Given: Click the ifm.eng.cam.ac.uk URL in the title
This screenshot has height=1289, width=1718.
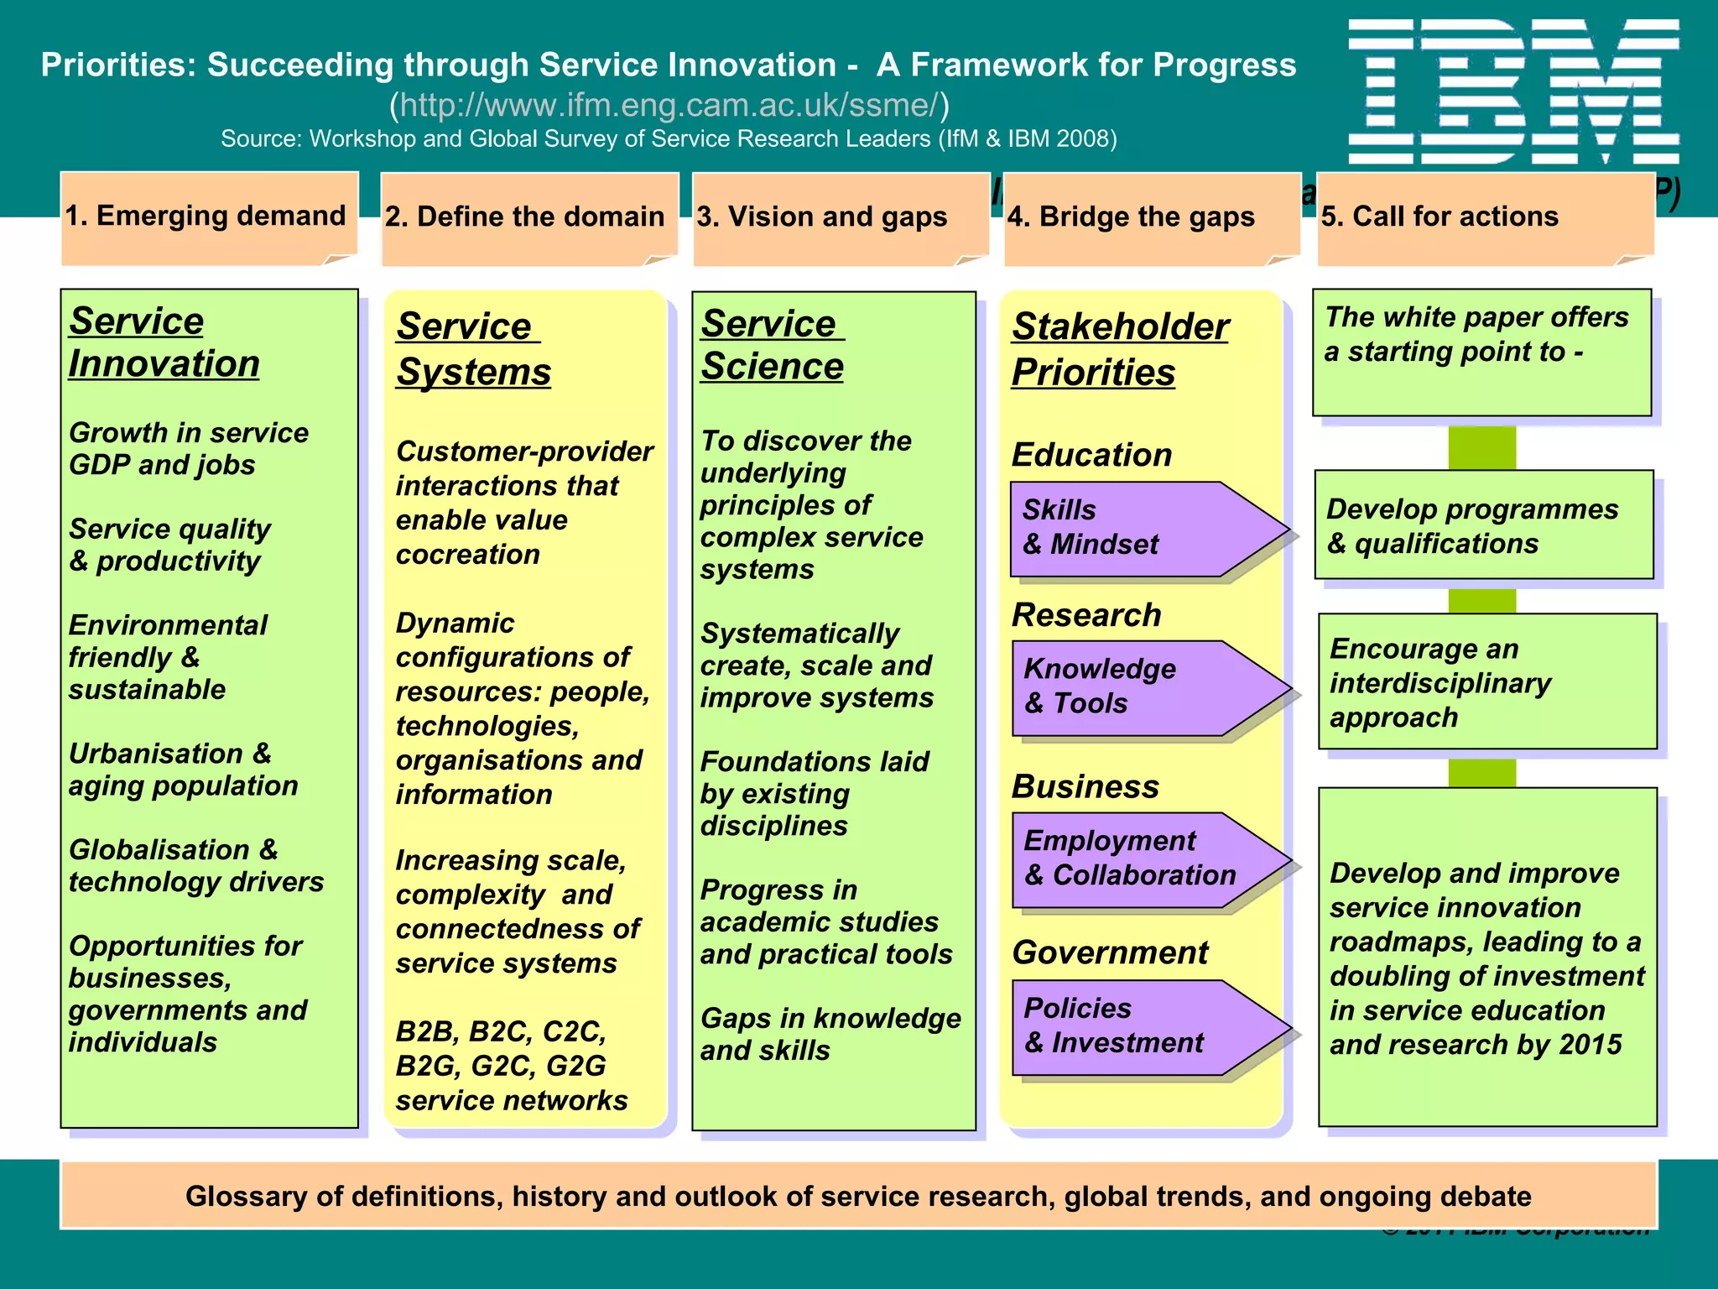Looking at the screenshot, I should [x=669, y=105].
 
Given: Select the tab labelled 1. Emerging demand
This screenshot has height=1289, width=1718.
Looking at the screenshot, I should [x=206, y=217].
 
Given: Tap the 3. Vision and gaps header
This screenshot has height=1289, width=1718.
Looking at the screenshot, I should [x=821, y=217].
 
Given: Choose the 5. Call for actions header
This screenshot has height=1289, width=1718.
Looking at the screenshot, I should [x=1439, y=217].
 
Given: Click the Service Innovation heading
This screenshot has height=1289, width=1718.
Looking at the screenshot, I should [x=164, y=342].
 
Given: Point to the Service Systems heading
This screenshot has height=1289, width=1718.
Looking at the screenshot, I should [x=473, y=348].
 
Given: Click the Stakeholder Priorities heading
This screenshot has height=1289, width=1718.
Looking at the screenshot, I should [x=1119, y=348].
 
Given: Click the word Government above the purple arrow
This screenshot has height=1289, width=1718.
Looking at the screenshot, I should [x=1110, y=952].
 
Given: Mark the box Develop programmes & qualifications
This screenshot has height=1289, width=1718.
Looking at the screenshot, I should [x=1483, y=525].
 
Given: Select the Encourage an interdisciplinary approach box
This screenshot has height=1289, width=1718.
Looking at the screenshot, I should [x=1486, y=682].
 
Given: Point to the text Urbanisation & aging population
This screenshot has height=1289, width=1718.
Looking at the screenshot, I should [x=183, y=770].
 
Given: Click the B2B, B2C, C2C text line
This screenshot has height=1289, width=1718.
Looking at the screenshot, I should [x=501, y=1031].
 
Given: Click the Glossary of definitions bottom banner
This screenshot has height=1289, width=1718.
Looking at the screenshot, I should [x=858, y=1196].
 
